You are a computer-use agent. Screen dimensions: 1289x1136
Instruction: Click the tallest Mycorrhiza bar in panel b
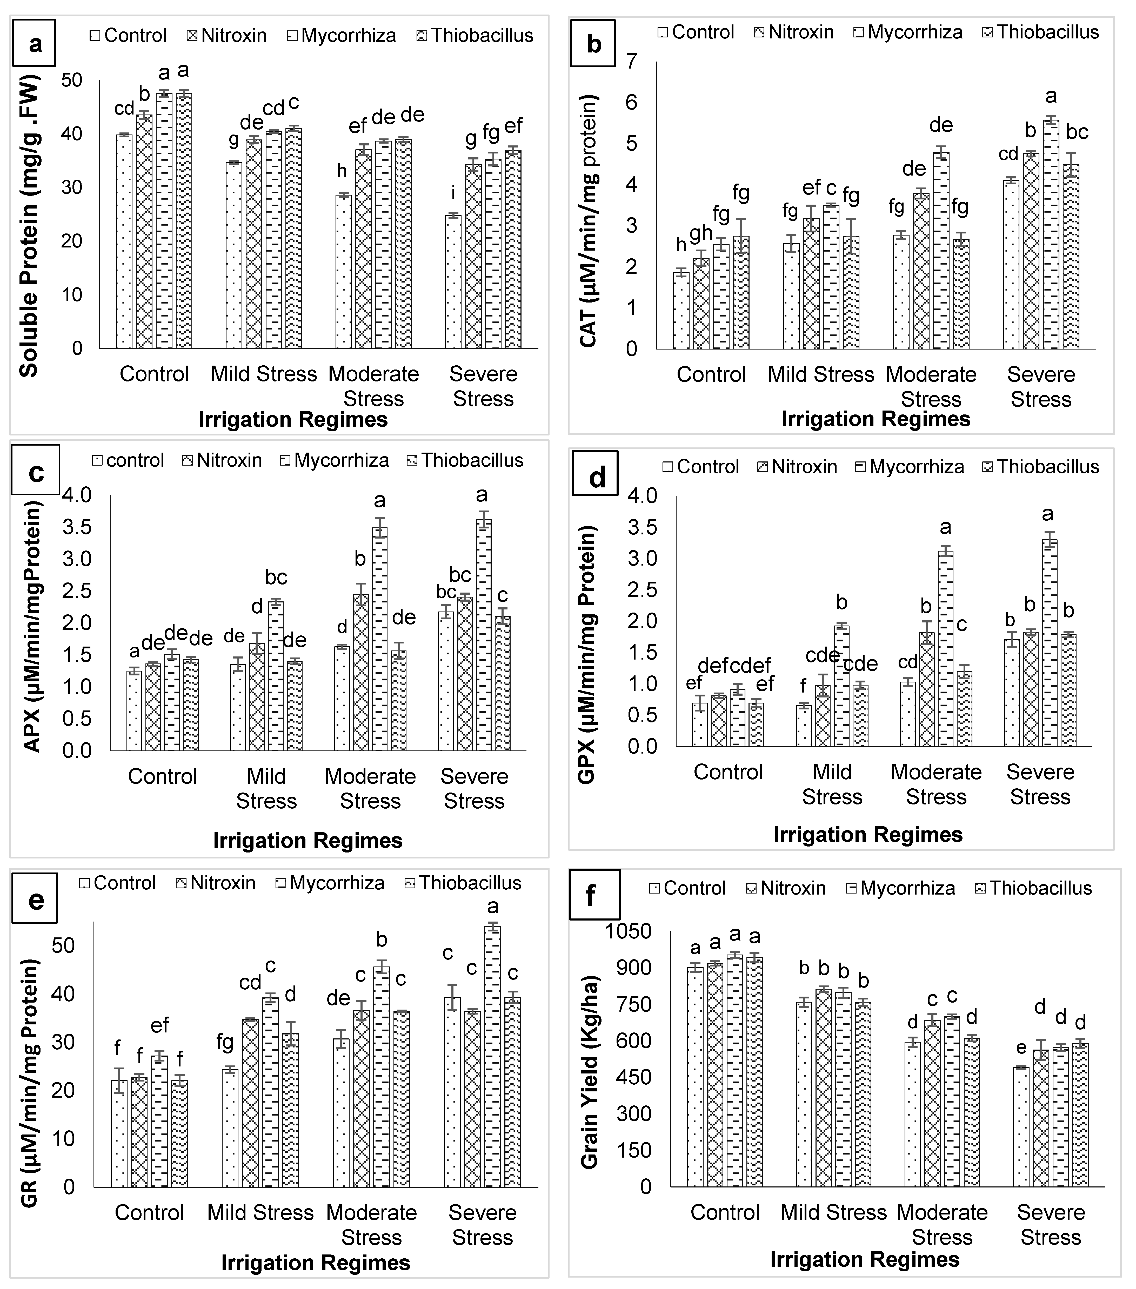1050,233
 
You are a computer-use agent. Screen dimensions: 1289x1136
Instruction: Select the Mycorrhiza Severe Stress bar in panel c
484,634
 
